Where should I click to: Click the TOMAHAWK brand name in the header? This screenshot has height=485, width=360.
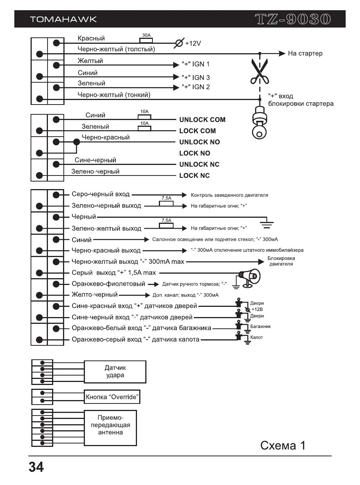pyautogui.click(x=63, y=20)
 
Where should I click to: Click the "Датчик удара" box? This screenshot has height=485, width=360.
pyautogui.click(x=115, y=372)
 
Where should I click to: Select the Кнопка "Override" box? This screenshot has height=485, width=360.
pyautogui.click(x=112, y=397)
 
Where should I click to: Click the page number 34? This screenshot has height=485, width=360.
pyautogui.click(x=36, y=467)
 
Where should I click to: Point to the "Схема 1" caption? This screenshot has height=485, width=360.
pyautogui.click(x=283, y=446)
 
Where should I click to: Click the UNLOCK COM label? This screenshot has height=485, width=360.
pyautogui.click(x=202, y=120)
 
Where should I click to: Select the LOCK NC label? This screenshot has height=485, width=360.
pyautogui.click(x=194, y=176)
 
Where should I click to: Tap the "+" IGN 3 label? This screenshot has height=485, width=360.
pyautogui.click(x=195, y=77)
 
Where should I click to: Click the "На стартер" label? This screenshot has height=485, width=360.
pyautogui.click(x=305, y=54)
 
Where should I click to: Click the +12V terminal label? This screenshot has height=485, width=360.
pyautogui.click(x=193, y=43)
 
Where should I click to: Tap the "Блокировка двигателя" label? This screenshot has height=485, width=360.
pyautogui.click(x=281, y=261)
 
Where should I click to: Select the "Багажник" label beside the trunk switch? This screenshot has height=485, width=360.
pyautogui.click(x=260, y=326)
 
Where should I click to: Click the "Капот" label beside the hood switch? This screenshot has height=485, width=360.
pyautogui.click(x=257, y=337)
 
